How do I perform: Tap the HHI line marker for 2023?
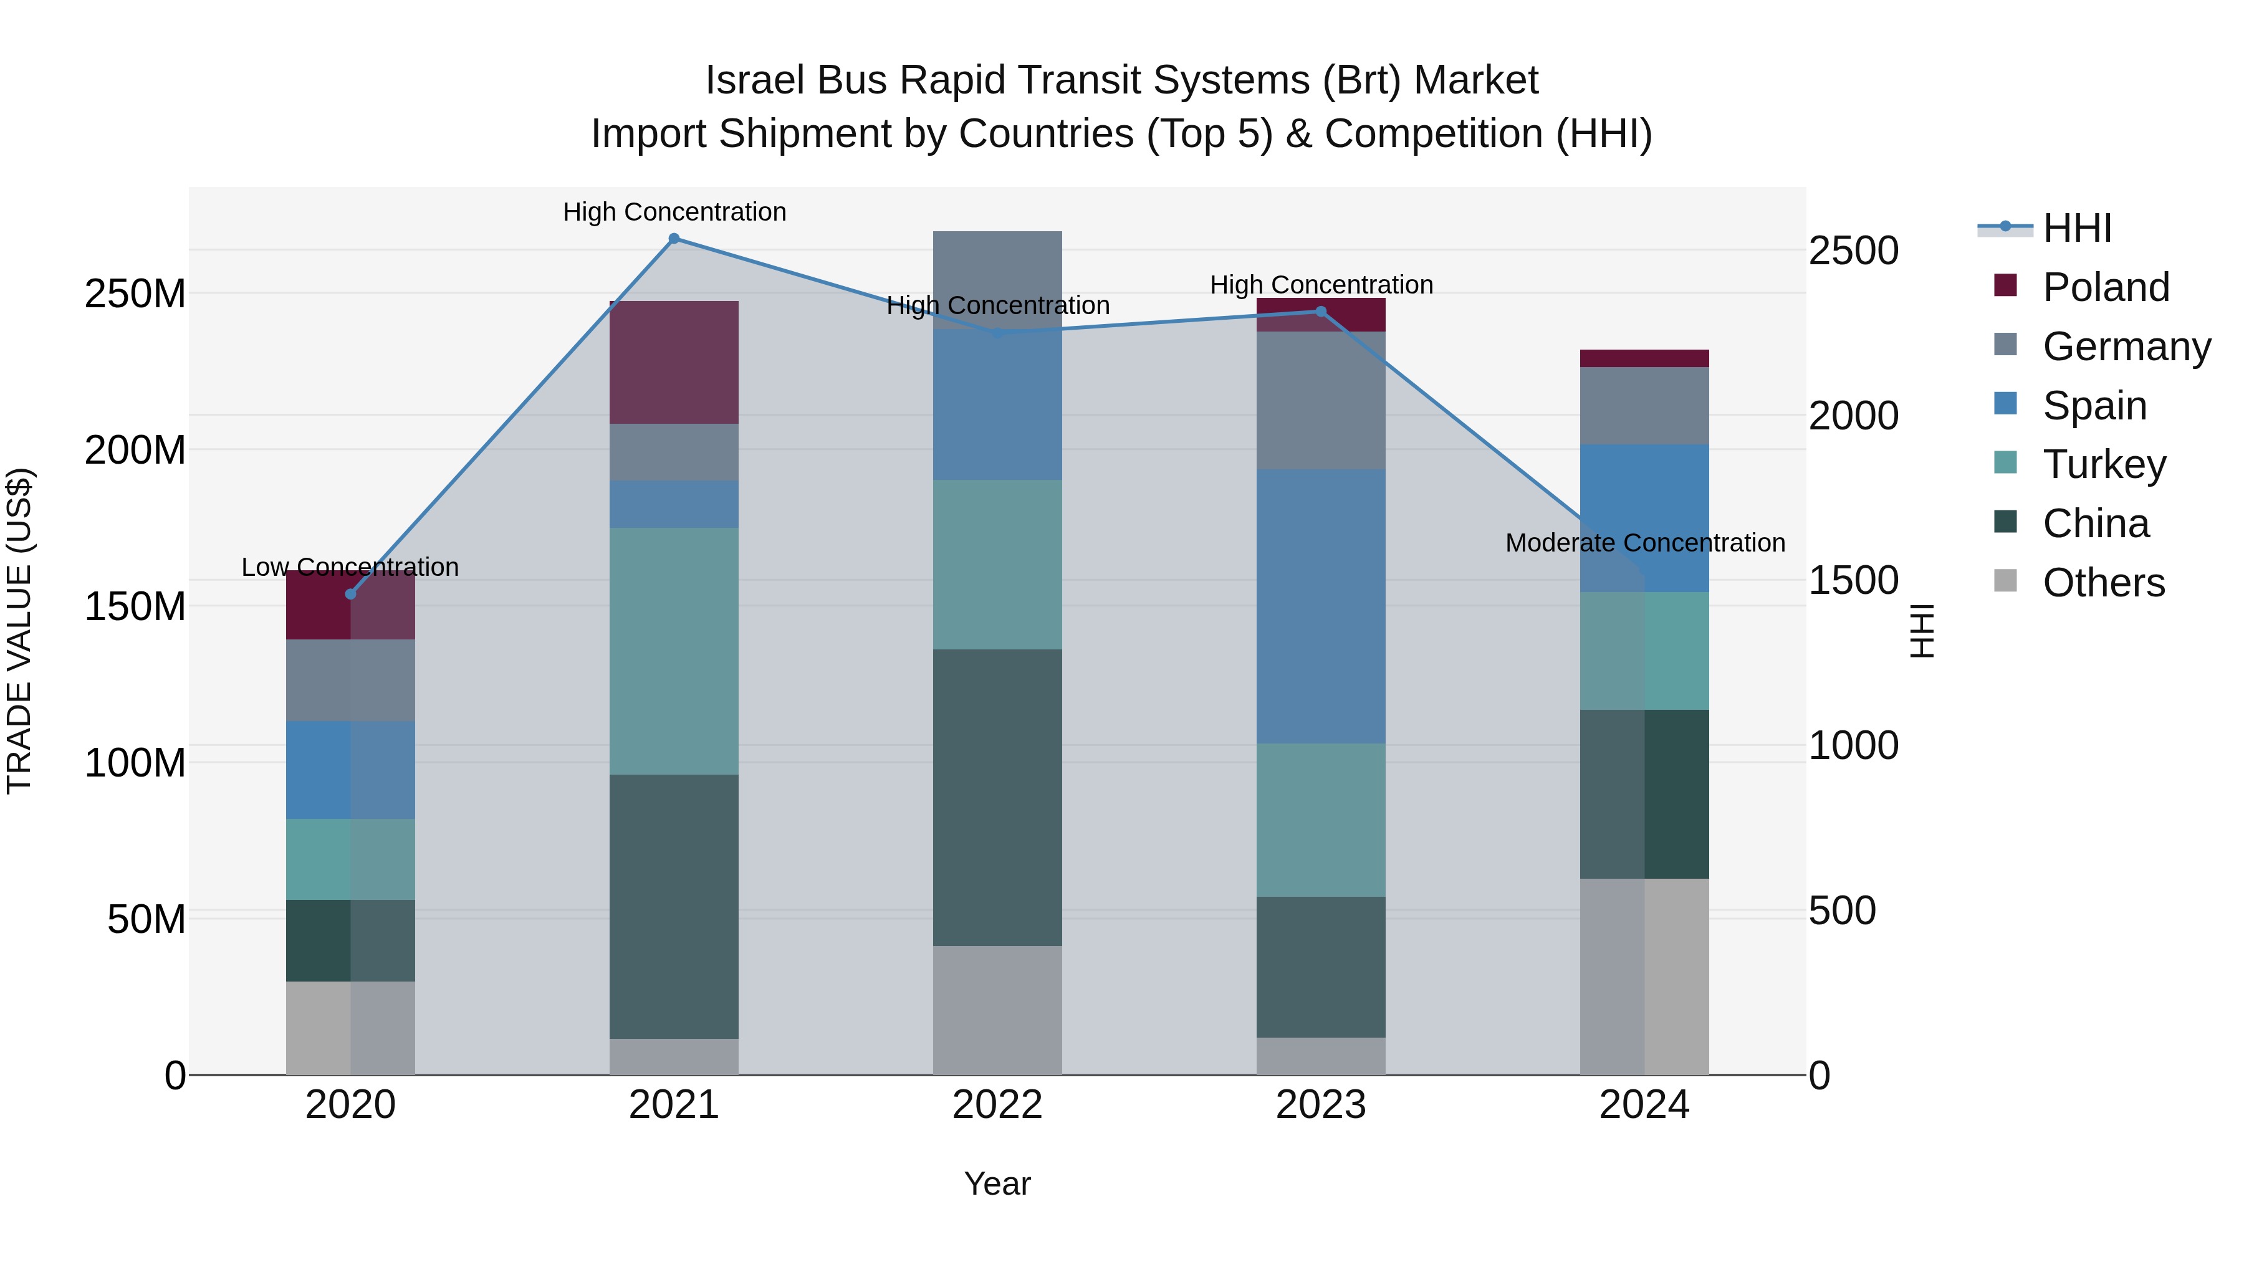(x=1321, y=312)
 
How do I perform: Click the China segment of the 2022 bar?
(x=997, y=797)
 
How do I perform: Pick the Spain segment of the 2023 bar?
(x=1321, y=606)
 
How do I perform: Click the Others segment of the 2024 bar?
(x=1645, y=977)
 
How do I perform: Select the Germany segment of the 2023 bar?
(x=1321, y=401)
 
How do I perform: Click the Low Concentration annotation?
(x=350, y=567)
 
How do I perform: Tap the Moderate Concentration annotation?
(x=1645, y=543)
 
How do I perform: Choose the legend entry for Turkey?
(x=2104, y=464)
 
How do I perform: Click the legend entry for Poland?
(x=2106, y=287)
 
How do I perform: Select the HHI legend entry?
(x=2077, y=228)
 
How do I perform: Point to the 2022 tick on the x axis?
(x=997, y=1105)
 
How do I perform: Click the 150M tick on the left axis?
(x=135, y=606)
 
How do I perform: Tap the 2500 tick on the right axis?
(x=1854, y=251)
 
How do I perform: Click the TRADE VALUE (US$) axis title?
(x=19, y=631)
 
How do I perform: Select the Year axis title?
(x=997, y=1183)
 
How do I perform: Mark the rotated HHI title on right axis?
(x=1922, y=631)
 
